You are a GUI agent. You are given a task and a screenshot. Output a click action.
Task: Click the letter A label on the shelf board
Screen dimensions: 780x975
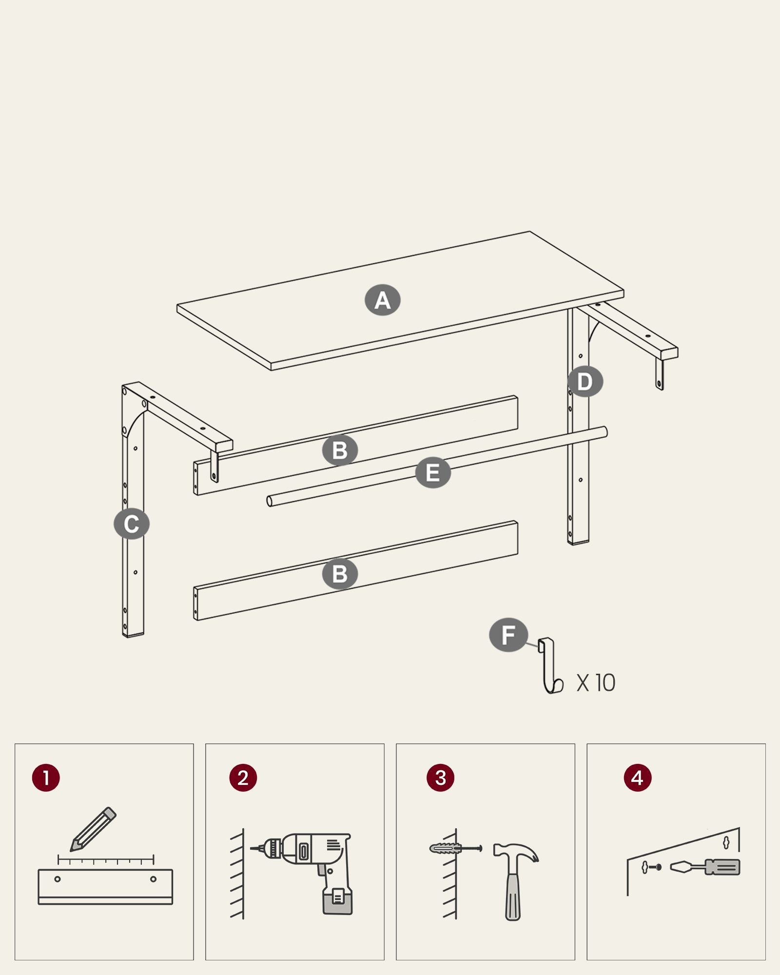click(x=383, y=300)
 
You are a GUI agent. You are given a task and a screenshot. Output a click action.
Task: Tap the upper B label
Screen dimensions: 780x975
click(x=340, y=449)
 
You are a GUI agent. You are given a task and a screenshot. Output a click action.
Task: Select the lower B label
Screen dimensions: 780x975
click(x=340, y=574)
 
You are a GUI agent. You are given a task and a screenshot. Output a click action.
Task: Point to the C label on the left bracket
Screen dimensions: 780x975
click(x=131, y=524)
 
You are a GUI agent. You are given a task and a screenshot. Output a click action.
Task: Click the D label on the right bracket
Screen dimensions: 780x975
click(x=585, y=381)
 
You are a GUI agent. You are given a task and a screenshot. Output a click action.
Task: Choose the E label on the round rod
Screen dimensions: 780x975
click(x=433, y=472)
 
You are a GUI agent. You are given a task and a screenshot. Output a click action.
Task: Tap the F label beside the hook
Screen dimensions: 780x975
click(x=508, y=635)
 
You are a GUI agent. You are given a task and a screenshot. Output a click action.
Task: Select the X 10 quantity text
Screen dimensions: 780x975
click(x=596, y=683)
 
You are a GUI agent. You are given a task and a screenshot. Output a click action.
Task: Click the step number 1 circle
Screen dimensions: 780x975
click(x=46, y=778)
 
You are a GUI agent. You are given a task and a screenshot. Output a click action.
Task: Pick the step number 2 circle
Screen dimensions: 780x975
click(x=243, y=778)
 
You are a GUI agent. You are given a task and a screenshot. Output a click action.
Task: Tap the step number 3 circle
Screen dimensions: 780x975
click(x=440, y=778)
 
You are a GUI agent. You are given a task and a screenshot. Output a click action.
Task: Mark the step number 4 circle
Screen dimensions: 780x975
click(x=637, y=778)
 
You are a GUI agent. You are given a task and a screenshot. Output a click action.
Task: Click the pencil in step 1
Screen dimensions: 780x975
click(x=93, y=829)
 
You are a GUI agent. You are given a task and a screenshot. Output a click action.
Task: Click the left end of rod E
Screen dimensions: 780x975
click(x=270, y=501)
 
